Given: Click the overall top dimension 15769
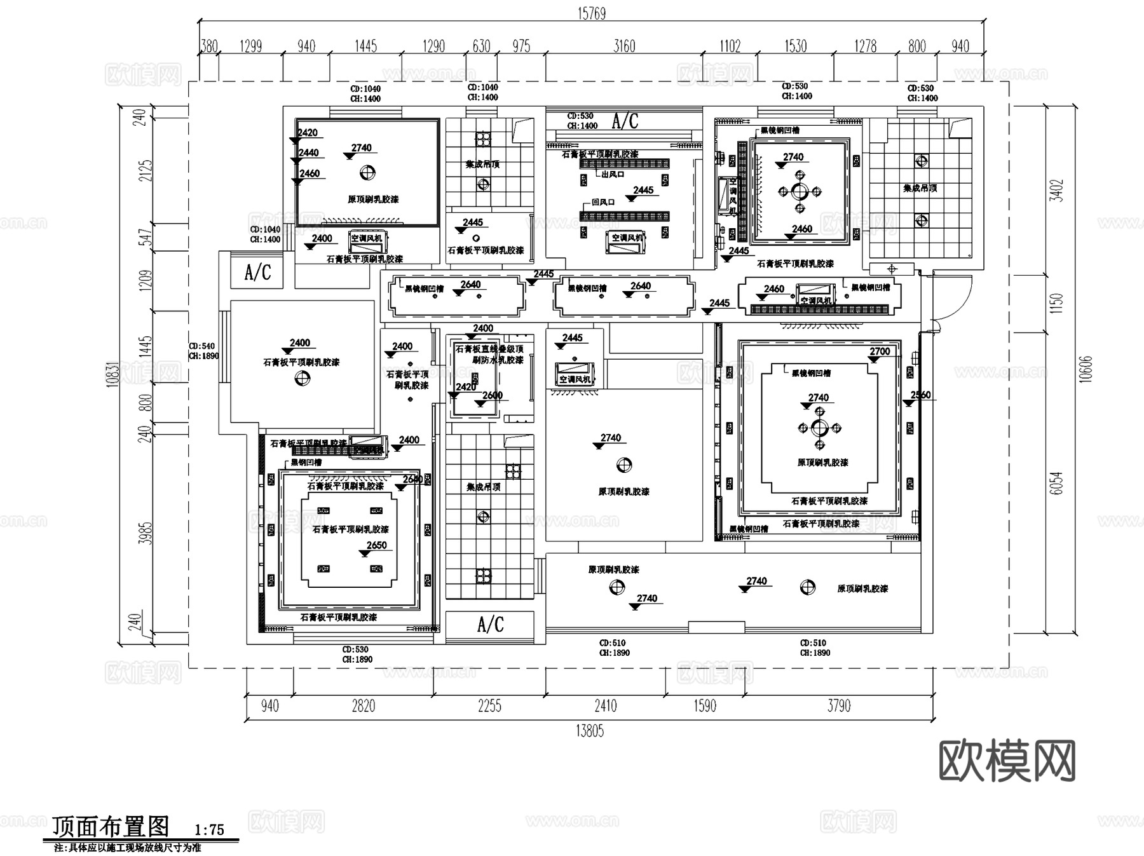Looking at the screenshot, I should tap(591, 13).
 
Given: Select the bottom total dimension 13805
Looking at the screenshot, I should tap(590, 731).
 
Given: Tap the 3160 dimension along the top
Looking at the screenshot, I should tap(624, 46).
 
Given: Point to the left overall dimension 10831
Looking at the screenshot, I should tap(114, 375).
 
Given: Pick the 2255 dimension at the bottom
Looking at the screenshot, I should tap(489, 706).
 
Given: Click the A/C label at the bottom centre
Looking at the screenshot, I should tap(490, 625).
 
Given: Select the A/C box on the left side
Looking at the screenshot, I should tap(257, 273).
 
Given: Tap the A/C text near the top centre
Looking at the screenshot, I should tap(625, 121).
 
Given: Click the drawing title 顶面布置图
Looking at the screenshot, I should tap(111, 827).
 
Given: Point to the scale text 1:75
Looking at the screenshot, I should tap(210, 830).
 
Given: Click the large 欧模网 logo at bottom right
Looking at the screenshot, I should tap(1007, 761).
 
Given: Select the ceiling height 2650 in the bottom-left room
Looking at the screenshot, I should tap(376, 545).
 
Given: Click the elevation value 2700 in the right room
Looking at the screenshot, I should tap(880, 351).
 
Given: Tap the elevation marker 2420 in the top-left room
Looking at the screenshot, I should tap(307, 133).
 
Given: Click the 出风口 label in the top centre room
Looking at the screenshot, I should tap(613, 173).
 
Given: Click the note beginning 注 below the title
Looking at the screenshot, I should tap(127, 848).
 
